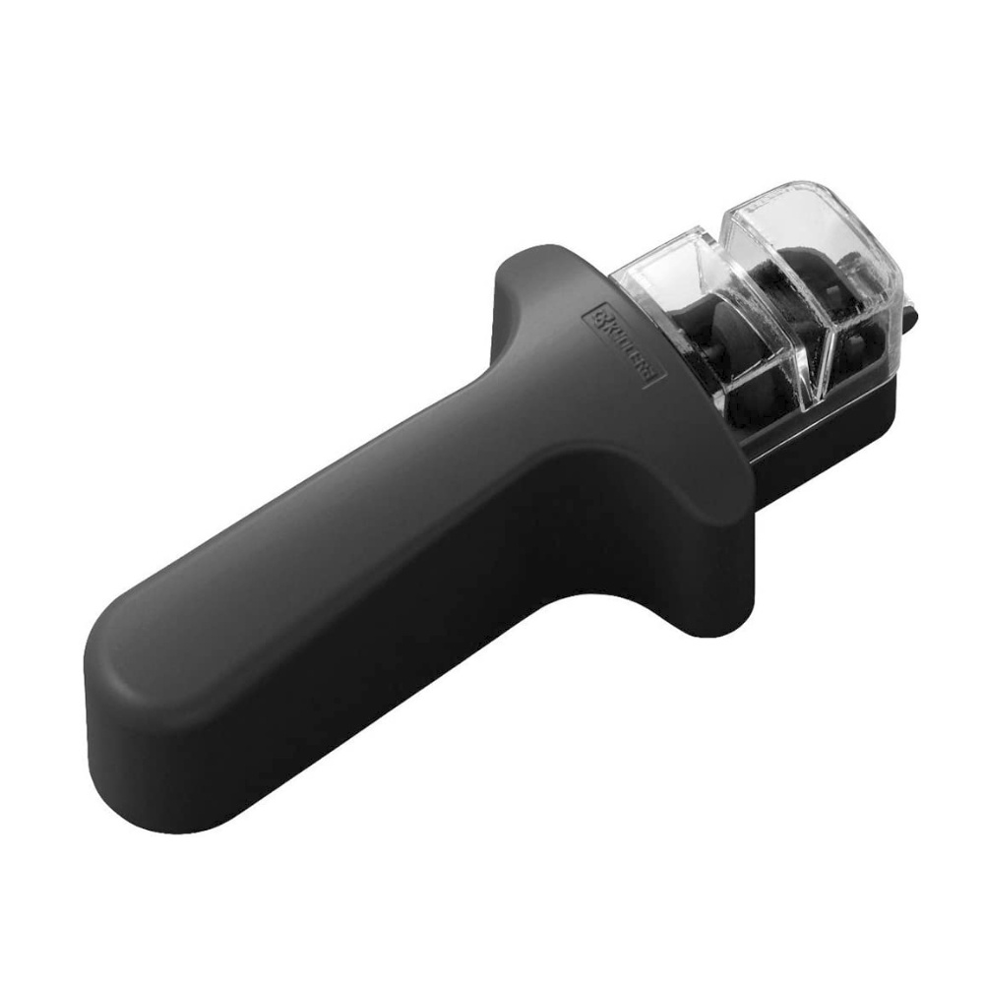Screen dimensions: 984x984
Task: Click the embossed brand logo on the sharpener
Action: click(624, 344)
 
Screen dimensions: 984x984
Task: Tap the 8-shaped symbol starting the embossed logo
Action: click(597, 317)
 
